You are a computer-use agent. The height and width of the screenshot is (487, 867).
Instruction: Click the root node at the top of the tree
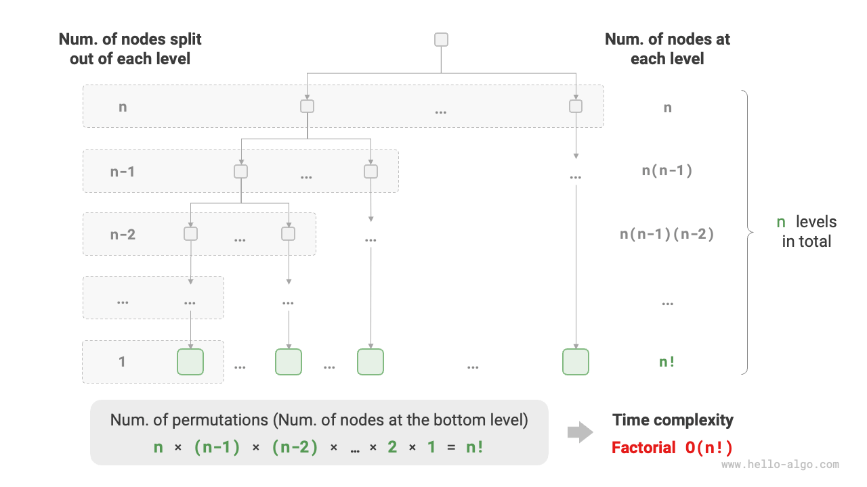click(441, 39)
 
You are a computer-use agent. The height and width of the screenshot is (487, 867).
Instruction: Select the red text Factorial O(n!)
click(672, 447)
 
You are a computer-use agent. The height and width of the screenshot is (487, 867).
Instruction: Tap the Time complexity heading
click(673, 420)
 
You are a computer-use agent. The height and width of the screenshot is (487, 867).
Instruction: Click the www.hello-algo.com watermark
click(780, 465)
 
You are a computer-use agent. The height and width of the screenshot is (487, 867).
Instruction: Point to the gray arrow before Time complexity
click(580, 433)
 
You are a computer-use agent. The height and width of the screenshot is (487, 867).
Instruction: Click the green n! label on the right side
click(667, 361)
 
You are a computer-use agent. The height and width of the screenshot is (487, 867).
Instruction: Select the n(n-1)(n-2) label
click(667, 234)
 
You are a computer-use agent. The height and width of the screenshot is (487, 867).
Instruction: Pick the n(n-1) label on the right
click(667, 170)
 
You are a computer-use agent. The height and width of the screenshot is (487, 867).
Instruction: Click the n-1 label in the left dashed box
click(123, 171)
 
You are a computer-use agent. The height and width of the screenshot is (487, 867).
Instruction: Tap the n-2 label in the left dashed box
click(123, 235)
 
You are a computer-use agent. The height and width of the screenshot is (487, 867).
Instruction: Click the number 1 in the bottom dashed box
click(122, 361)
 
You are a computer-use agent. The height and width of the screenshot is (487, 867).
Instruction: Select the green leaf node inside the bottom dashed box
click(190, 362)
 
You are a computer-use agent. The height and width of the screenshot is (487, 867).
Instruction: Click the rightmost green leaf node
click(575, 362)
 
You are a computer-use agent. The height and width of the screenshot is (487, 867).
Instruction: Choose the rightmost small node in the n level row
click(576, 106)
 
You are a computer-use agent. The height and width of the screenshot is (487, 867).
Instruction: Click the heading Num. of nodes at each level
click(667, 49)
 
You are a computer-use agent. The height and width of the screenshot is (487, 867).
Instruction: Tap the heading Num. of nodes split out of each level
click(130, 49)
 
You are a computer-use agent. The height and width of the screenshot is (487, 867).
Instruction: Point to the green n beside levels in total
click(781, 222)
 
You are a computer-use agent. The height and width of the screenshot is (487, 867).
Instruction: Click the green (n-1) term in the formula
click(217, 447)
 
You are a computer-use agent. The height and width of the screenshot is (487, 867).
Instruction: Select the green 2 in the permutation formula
click(392, 447)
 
